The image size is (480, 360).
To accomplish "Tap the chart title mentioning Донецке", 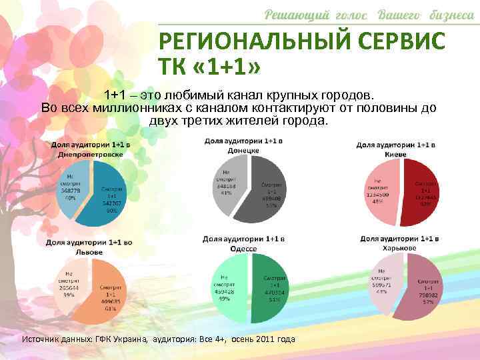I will tap(244, 146).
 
